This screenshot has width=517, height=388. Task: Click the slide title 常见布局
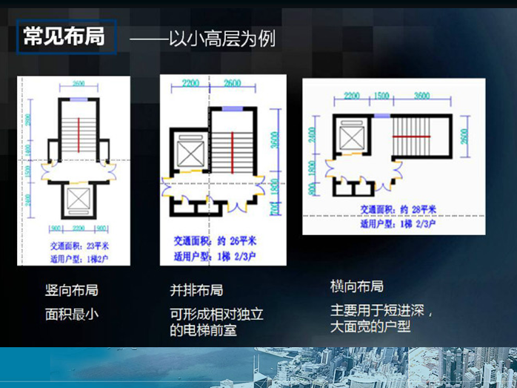coord(64,37)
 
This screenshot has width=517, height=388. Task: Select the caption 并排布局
coord(196,290)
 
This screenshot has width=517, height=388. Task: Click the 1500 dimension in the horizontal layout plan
coord(381,96)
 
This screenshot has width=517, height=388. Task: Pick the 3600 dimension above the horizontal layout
coord(421,96)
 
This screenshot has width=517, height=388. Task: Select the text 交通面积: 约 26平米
coord(216,241)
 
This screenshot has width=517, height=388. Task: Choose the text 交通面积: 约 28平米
coord(398,209)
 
